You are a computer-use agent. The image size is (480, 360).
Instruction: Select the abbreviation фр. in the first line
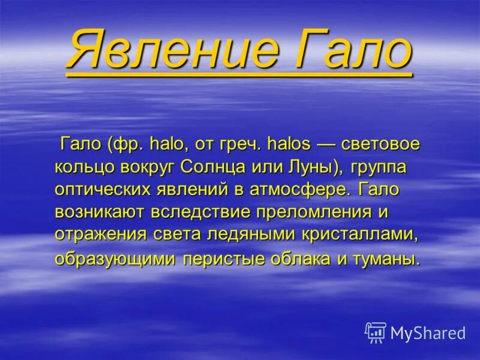click(127, 145)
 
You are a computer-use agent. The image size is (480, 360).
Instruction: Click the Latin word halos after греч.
click(289, 145)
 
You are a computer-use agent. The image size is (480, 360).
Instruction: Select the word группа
click(378, 167)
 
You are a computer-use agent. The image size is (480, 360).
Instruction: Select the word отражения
click(101, 234)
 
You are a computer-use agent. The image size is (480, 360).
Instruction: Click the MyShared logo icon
click(376, 332)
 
